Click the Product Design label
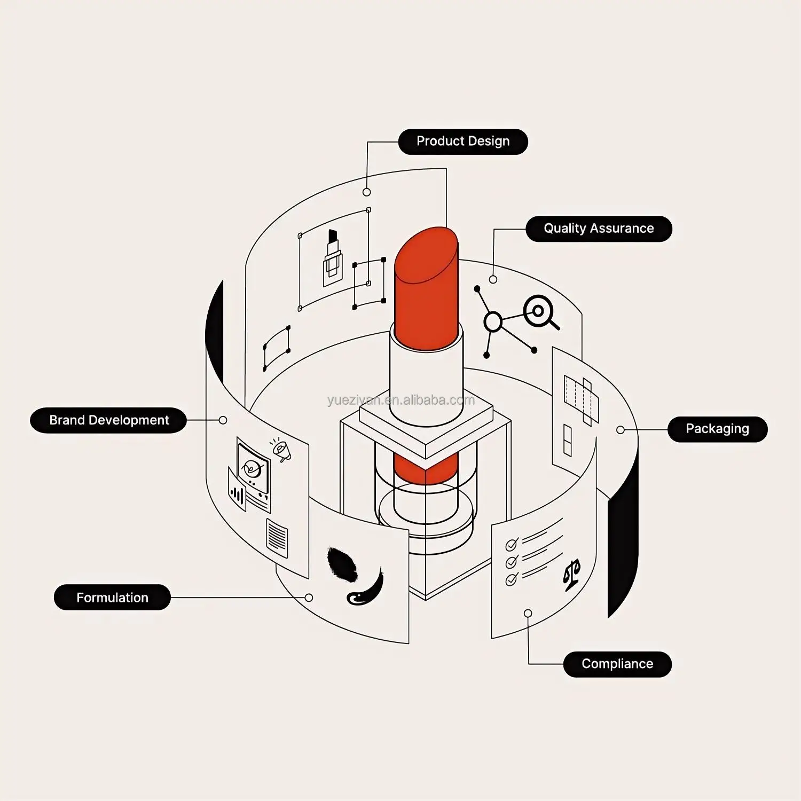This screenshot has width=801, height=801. tap(463, 142)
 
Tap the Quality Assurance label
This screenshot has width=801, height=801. tap(599, 229)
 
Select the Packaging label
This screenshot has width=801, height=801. tap(717, 429)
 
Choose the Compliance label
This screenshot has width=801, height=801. tap(617, 664)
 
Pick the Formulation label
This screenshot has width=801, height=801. tap(112, 598)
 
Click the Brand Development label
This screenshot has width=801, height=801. tap(108, 420)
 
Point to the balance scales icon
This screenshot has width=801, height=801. tap(572, 575)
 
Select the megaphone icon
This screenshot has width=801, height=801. tap(281, 450)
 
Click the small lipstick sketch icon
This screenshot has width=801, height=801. tap(332, 258)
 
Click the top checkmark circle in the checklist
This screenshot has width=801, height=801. tap(512, 545)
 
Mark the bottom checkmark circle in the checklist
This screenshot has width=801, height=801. tap(512, 579)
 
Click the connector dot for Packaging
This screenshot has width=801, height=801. tap(621, 430)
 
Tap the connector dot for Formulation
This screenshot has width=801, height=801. tap(309, 598)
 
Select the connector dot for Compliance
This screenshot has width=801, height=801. tap(528, 613)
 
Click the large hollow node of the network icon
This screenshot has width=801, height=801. tap(493, 322)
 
